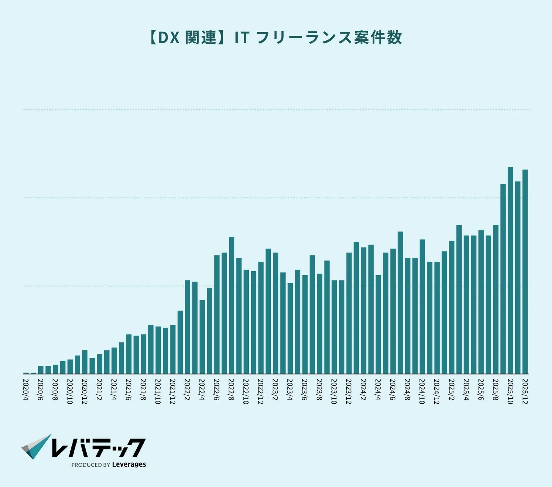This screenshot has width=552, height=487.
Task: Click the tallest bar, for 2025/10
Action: coord(510,271)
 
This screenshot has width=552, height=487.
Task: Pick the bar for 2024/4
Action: coord(378,324)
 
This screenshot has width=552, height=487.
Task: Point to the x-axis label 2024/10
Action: coord(422,391)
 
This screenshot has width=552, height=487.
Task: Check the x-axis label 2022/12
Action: coord(261,391)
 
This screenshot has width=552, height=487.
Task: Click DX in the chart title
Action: coord(169,38)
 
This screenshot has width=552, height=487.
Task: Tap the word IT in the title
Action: coord(242,38)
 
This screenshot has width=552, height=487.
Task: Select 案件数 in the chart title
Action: coord(378,38)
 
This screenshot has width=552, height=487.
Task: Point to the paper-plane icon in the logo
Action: coord(36,447)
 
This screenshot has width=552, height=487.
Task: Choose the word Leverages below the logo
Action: coord(129,465)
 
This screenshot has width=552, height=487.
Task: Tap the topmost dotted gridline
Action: coord(276,110)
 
